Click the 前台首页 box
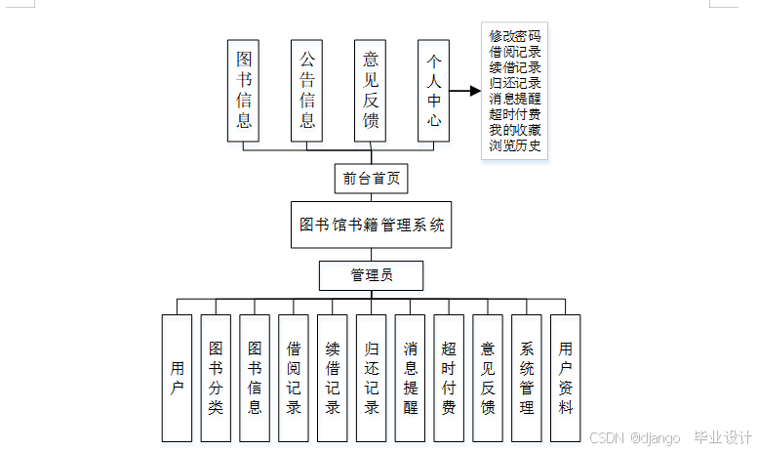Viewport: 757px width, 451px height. [370, 179]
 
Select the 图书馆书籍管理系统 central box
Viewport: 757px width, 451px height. [371, 225]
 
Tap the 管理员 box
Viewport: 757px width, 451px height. [371, 276]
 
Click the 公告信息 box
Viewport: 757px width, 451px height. [307, 91]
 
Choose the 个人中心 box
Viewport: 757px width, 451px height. [434, 91]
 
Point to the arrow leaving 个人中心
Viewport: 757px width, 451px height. [465, 91]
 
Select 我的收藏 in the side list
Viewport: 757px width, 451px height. [515, 131]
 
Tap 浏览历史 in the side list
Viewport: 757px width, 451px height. [515, 146]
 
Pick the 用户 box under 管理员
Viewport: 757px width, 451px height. [177, 378]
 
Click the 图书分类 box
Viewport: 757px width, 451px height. [216, 378]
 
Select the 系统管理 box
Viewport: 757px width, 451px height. [527, 378]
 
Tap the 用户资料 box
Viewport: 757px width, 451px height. [566, 378]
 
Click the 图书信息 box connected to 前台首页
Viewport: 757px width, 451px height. [244, 91]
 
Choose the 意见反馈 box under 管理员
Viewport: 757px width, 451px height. [488, 378]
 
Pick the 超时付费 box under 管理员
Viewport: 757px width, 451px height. [449, 378]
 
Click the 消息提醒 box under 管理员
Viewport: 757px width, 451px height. [410, 378]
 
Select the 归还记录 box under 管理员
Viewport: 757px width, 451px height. [372, 378]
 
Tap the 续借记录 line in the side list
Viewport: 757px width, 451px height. [515, 68]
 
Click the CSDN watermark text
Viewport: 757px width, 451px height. [606, 438]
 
